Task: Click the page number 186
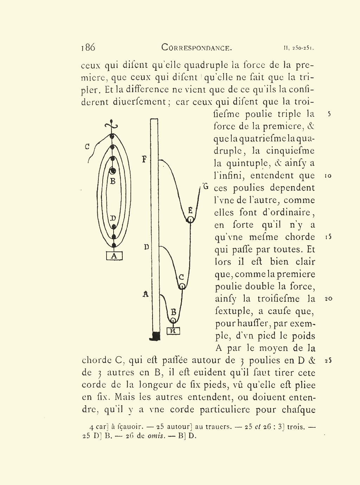click(88, 47)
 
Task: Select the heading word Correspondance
click(197, 47)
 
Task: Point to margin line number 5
click(329, 114)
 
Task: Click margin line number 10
click(328, 176)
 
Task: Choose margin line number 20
click(328, 299)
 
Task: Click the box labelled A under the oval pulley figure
click(114, 256)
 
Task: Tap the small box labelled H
click(173, 331)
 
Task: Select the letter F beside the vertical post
click(144, 159)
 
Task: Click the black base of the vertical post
click(155, 337)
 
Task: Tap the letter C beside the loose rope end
click(87, 147)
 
